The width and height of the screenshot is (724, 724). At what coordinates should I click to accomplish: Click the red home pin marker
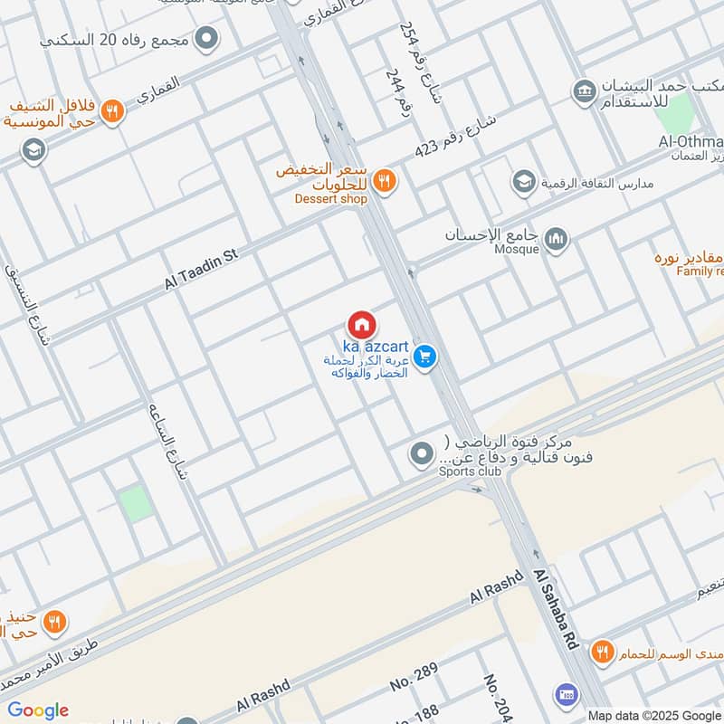[361, 325]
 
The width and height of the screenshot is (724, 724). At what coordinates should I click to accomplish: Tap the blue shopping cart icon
[426, 357]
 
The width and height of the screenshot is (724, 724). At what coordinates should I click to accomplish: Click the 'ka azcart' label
[375, 348]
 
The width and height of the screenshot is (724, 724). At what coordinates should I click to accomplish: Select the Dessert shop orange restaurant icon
[385, 181]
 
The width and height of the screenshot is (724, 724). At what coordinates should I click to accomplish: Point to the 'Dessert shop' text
[330, 199]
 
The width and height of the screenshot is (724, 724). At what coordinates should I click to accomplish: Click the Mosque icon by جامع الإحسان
[557, 240]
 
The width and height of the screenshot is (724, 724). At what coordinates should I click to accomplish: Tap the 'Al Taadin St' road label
[200, 270]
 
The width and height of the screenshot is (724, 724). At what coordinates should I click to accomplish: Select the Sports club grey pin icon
[421, 454]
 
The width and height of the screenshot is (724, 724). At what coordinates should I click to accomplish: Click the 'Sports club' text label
[470, 472]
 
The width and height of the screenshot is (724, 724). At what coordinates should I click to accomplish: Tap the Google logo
[37, 710]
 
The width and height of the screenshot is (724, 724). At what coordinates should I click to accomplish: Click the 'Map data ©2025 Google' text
[655, 715]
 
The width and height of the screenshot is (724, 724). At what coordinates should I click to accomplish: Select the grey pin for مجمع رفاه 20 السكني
[207, 39]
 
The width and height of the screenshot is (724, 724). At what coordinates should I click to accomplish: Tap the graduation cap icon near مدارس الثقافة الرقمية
[523, 183]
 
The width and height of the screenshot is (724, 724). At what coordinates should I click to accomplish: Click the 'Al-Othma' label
[691, 142]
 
